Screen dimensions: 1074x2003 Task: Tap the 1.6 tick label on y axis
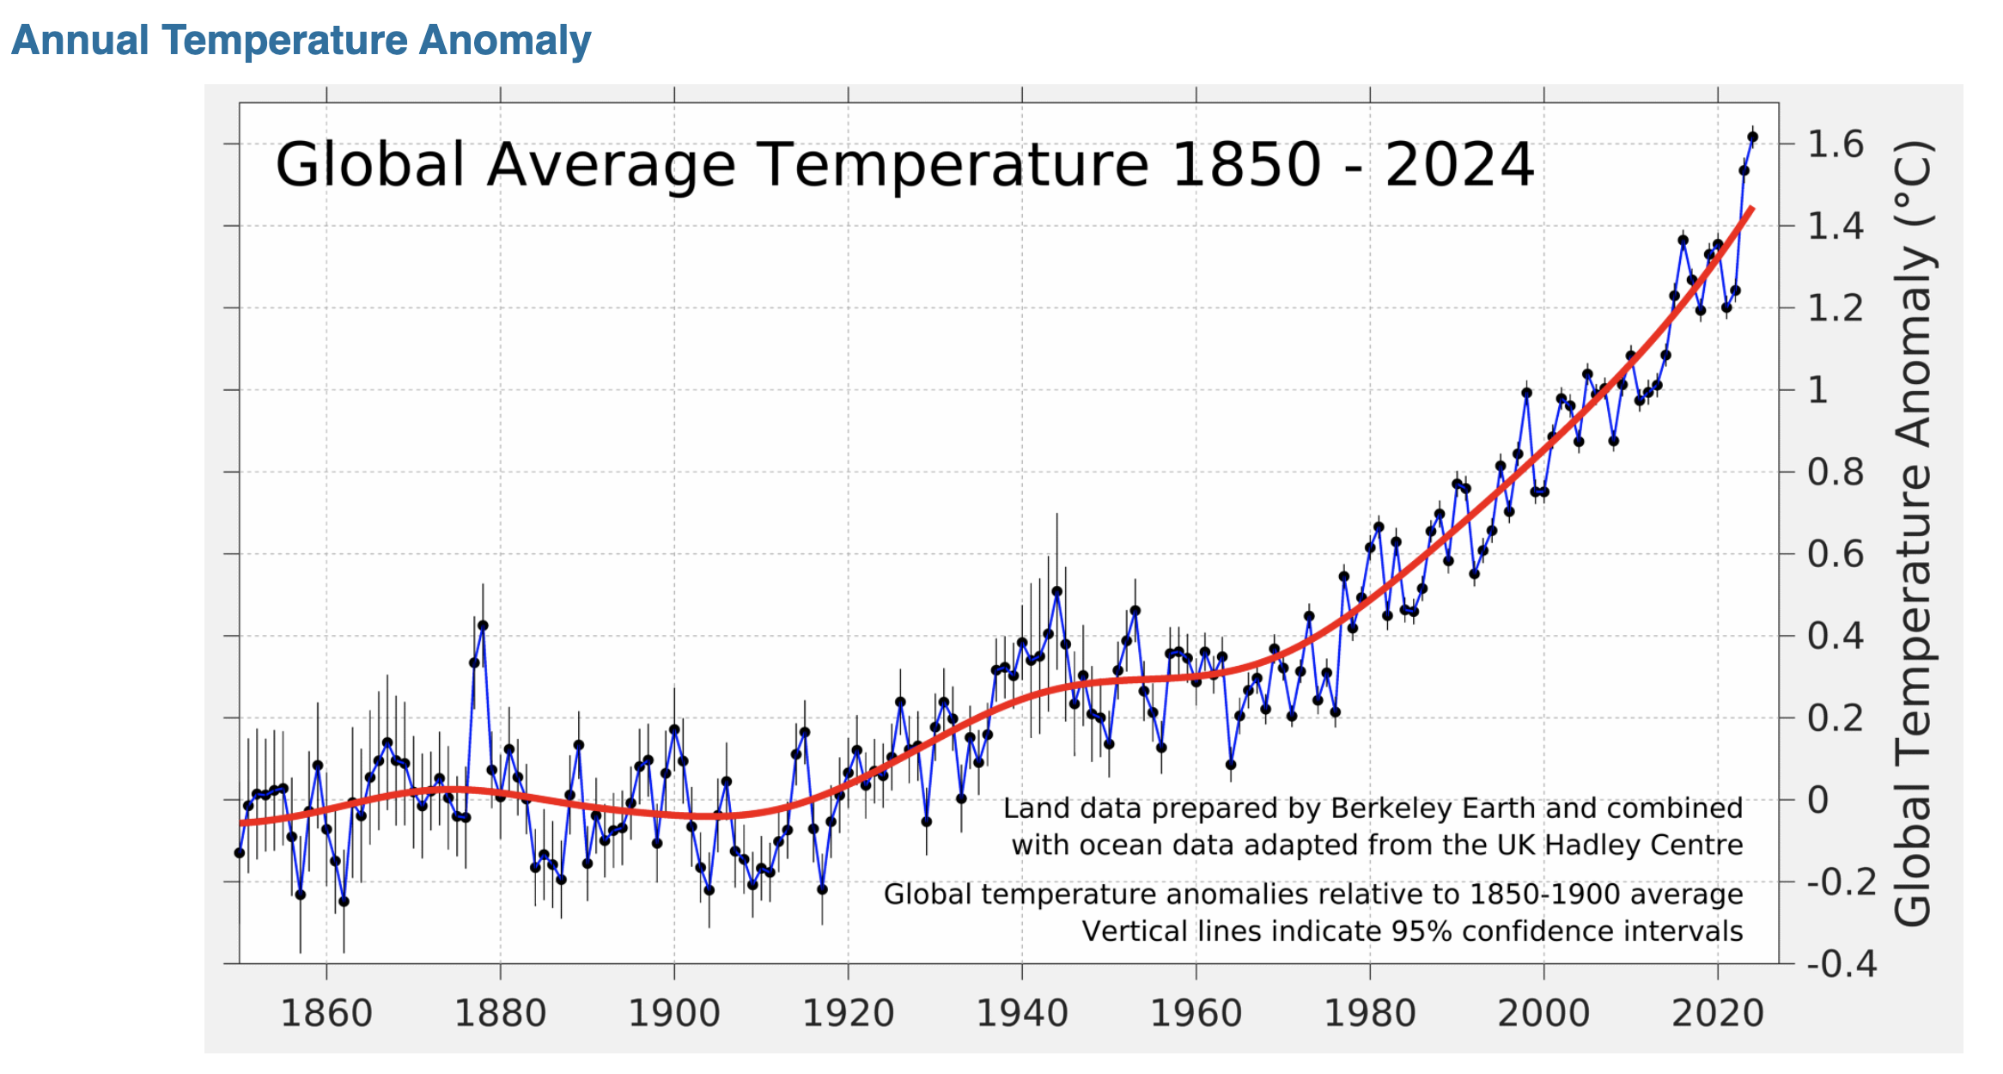pyautogui.click(x=1836, y=144)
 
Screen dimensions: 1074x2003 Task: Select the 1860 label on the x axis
pyautogui.click(x=326, y=1013)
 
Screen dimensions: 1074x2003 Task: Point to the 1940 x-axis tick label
pyautogui.click(x=1022, y=1013)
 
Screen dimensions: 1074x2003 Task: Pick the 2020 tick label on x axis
pyautogui.click(x=1718, y=1013)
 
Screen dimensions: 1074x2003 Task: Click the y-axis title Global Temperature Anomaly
pyautogui.click(x=1914, y=533)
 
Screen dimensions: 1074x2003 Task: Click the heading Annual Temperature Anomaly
pyautogui.click(x=301, y=40)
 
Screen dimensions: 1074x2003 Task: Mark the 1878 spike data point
pyautogui.click(x=483, y=625)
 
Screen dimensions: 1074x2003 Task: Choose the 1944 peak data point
pyautogui.click(x=1056, y=591)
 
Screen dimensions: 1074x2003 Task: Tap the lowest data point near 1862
pyautogui.click(x=344, y=901)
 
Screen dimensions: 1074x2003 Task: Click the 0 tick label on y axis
pyautogui.click(x=1818, y=800)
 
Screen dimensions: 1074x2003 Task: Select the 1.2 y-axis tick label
pyautogui.click(x=1836, y=308)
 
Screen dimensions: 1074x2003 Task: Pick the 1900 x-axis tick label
pyautogui.click(x=674, y=1013)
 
